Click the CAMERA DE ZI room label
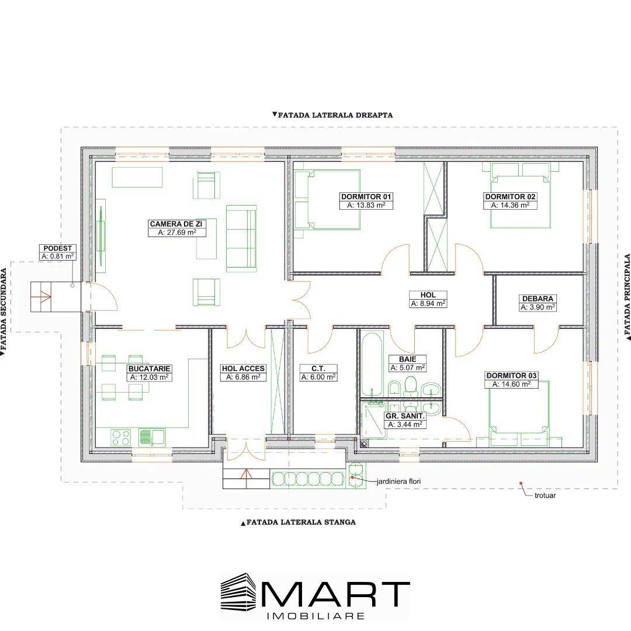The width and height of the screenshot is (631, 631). pos(176,224)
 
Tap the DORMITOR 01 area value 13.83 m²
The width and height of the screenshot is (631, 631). pos(366,205)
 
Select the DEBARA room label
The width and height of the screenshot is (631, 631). pos(538,299)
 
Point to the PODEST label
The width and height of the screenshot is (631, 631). pos(57,248)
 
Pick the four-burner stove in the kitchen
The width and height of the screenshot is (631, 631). pos(121,438)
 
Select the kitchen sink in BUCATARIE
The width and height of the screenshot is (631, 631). pos(152,438)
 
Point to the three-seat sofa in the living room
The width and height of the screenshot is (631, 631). pos(241,238)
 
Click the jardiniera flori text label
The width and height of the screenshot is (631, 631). pos(398,481)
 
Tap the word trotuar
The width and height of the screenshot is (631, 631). pos(545,495)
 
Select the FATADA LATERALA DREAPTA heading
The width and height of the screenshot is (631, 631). pos(335,115)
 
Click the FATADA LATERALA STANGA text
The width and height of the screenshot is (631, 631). pos(301,522)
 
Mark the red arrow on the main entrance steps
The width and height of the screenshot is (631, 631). pos(246,479)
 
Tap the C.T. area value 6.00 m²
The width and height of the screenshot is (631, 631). pos(318,377)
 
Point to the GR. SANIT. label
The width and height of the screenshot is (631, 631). pos(405,416)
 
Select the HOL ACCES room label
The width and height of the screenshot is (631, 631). pos(243,368)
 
